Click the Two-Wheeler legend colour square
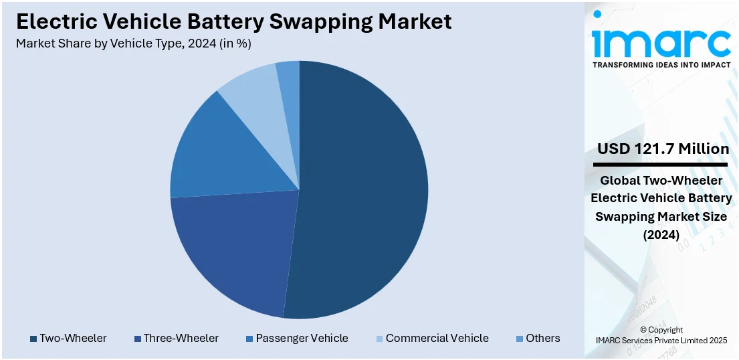pos(33,339)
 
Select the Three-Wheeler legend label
pos(181,339)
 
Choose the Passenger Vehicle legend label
pos(302,339)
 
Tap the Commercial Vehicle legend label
pos(437,339)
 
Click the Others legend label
pos(543,339)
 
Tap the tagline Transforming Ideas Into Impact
pos(661,65)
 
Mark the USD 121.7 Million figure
pos(663,149)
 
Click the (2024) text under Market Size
pos(661,235)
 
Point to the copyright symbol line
pos(661,330)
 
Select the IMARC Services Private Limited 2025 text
pos(661,341)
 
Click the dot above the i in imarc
pos(597,14)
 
